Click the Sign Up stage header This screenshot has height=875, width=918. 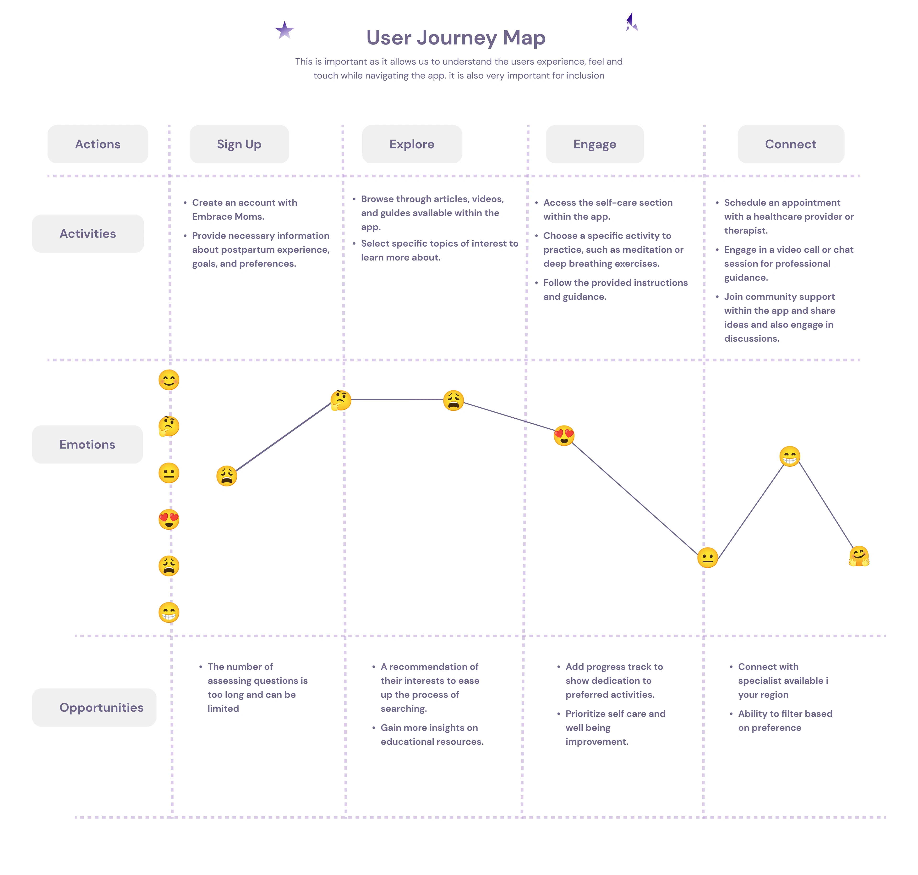(239, 144)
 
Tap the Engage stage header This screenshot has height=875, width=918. (595, 144)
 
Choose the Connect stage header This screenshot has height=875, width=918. (791, 144)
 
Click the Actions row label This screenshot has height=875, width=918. (98, 144)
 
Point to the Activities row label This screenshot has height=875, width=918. (88, 234)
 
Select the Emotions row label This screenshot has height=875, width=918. (87, 444)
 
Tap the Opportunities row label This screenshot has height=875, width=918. (94, 708)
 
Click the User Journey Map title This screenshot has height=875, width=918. (456, 37)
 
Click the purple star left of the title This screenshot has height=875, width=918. (284, 30)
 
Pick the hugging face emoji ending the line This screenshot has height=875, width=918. (859, 556)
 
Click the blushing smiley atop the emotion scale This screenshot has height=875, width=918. (169, 380)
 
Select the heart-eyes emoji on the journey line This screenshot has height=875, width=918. (564, 436)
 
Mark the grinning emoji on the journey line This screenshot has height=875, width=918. (790, 456)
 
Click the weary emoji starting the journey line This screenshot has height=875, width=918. (227, 476)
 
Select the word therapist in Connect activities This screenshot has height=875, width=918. (746, 230)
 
